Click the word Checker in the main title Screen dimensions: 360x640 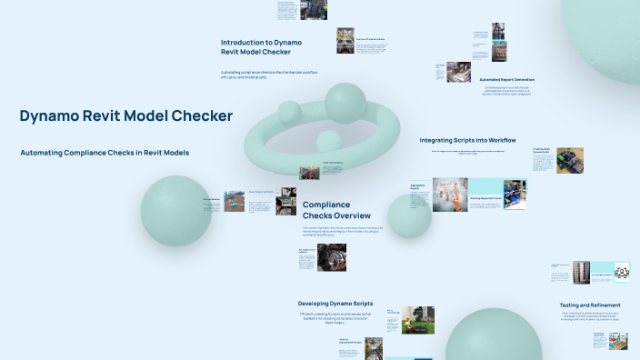(x=205, y=116)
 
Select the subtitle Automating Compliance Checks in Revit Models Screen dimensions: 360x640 (x=105, y=153)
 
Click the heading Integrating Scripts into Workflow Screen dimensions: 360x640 (x=467, y=141)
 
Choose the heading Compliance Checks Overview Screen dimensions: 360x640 (x=325, y=211)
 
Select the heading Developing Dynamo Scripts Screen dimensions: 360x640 (x=335, y=303)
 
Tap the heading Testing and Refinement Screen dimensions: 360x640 (x=590, y=305)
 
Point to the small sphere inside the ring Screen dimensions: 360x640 (x=327, y=141)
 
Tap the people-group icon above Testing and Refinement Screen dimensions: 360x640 (x=622, y=271)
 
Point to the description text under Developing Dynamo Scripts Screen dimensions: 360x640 (x=335, y=319)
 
